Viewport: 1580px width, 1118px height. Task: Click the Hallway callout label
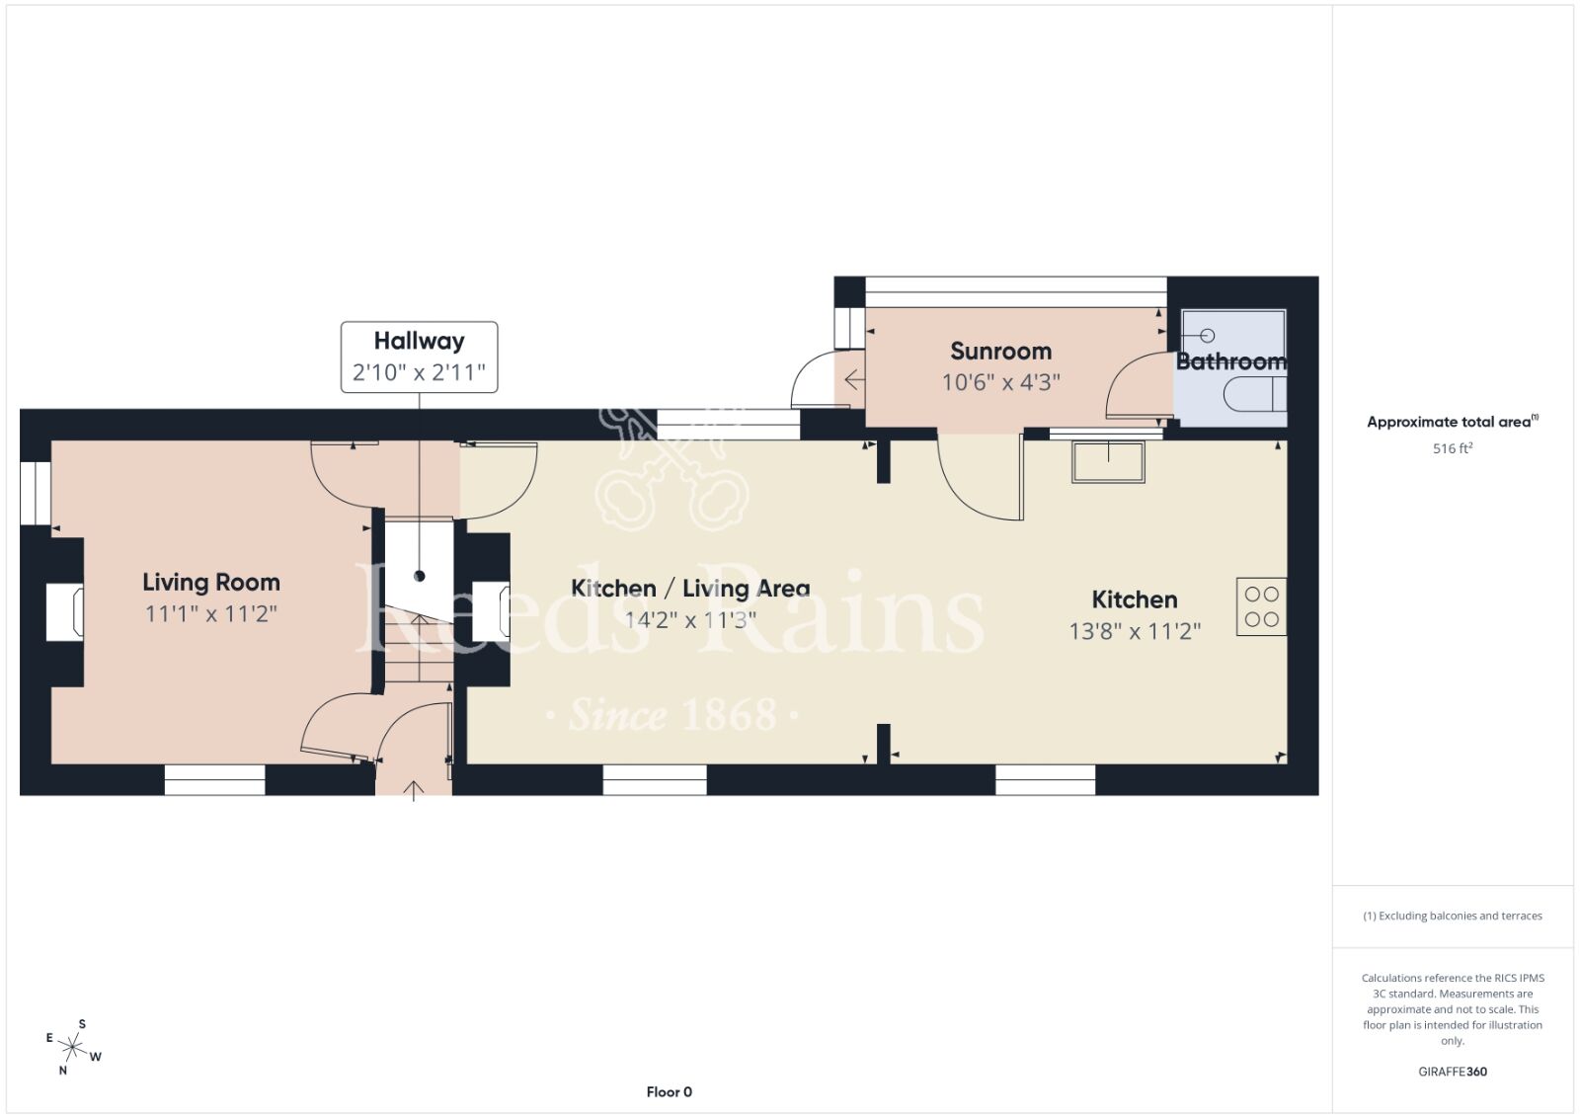[419, 357]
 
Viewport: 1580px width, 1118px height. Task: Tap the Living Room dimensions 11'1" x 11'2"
[211, 613]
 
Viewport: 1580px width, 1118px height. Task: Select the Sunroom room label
[1000, 351]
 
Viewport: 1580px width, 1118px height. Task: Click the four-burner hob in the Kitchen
[1261, 606]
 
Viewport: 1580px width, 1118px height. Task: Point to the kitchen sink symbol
[1108, 462]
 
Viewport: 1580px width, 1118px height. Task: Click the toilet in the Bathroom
[1255, 394]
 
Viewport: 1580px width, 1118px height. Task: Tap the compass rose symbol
[73, 1048]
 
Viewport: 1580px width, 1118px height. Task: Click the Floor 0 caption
[669, 1092]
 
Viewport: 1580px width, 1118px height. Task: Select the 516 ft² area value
[1453, 448]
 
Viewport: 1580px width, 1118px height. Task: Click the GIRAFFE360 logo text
[1453, 1072]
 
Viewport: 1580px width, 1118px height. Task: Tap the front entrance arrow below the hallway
[414, 791]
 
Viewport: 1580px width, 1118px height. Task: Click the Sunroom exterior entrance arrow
[854, 380]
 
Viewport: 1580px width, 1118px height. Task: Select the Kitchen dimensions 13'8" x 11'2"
[1135, 630]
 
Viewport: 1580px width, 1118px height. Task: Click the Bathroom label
[1231, 361]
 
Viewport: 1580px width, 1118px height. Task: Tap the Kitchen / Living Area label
[690, 589]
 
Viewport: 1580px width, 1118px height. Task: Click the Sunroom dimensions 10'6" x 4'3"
[1001, 382]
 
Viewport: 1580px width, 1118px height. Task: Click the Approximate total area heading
[1453, 422]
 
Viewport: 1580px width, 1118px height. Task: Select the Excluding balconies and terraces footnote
[1453, 916]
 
